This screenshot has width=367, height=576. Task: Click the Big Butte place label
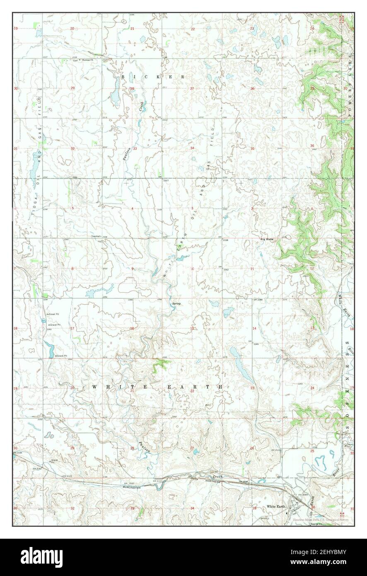point(267,239)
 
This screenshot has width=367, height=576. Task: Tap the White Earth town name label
point(276,506)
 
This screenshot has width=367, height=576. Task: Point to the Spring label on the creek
point(176,303)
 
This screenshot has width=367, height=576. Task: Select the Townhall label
point(96,237)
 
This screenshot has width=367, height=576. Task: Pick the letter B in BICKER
point(123,77)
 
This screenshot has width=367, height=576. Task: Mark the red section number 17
point(72,329)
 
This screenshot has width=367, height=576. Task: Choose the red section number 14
point(254,329)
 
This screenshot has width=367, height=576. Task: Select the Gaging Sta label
point(316,524)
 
